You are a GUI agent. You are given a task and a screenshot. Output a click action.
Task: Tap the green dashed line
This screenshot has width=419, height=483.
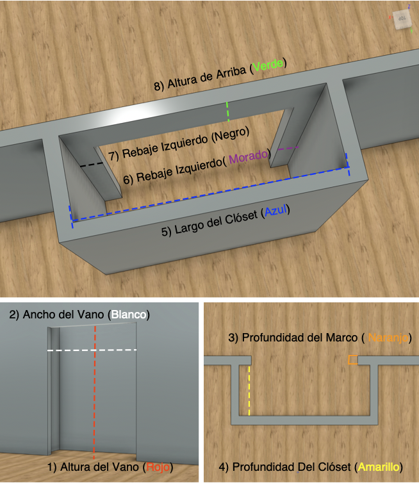pyautogui.click(x=227, y=111)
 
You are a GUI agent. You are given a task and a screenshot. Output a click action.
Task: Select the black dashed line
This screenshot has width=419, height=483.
pyautogui.click(x=92, y=165)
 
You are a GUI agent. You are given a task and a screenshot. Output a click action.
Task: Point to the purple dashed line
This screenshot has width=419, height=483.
pyautogui.click(x=288, y=149)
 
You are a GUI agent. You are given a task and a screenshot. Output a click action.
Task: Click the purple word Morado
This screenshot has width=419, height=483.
pyautogui.click(x=249, y=157)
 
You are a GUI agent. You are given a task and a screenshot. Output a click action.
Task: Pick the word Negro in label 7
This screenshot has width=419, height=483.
pyautogui.click(x=231, y=136)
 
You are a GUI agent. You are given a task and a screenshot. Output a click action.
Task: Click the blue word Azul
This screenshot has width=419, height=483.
pyautogui.click(x=275, y=211)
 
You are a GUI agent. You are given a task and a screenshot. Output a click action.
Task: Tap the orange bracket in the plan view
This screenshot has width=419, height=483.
pyautogui.click(x=353, y=360)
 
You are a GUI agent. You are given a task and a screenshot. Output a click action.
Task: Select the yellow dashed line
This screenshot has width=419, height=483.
pyautogui.click(x=249, y=391)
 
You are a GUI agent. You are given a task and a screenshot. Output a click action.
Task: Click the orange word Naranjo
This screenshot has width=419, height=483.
pyautogui.click(x=388, y=338)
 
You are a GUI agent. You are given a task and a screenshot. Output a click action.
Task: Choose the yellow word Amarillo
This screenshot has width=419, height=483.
pyautogui.click(x=379, y=467)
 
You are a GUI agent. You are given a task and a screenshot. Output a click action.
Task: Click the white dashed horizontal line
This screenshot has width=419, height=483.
pyautogui.click(x=92, y=350)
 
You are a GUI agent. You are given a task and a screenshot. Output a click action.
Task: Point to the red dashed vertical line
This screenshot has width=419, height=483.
pyautogui.click(x=95, y=393)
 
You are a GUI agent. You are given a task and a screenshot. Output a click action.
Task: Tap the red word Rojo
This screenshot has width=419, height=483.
pyautogui.click(x=158, y=467)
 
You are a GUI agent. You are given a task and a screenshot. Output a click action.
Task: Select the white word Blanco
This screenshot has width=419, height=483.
pyautogui.click(x=129, y=315)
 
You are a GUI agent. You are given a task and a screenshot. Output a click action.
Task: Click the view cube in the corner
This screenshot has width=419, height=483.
pyautogui.click(x=402, y=20)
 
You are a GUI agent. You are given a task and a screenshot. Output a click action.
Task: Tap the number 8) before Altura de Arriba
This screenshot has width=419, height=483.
pyautogui.click(x=159, y=86)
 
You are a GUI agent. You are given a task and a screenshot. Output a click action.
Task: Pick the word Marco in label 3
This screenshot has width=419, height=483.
pyautogui.click(x=341, y=338)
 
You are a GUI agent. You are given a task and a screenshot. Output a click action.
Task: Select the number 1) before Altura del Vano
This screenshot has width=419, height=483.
pyautogui.click(x=52, y=467)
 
